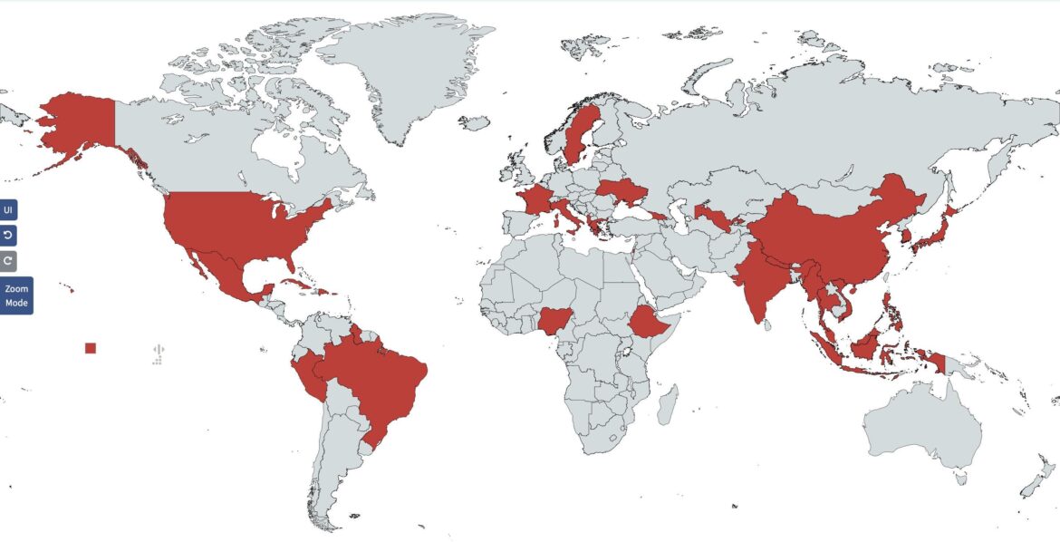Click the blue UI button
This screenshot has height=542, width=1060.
point(8,210)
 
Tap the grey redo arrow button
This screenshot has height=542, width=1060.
point(8,261)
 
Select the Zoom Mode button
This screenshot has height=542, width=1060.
point(16,295)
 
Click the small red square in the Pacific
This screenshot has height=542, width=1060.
point(90,348)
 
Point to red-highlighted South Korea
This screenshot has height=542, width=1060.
point(906,237)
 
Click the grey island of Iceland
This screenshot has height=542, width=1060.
point(474,121)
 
